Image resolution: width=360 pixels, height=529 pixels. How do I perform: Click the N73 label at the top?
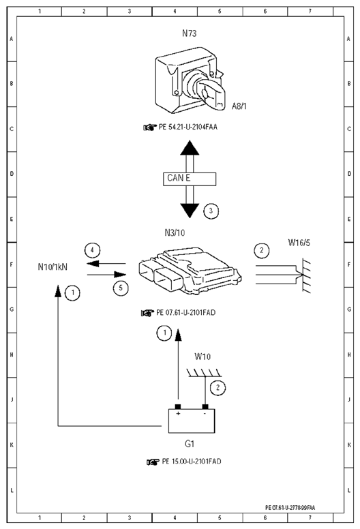(189, 33)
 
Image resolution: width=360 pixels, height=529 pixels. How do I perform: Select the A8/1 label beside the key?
(239, 106)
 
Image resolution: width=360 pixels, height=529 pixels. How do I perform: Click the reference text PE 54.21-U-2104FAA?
(188, 127)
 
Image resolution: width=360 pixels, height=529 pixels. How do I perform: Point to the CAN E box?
(190, 179)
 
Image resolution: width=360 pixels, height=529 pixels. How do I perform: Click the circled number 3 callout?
(211, 211)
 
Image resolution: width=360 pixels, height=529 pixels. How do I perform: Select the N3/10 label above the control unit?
(175, 232)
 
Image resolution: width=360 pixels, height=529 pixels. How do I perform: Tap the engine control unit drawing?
(190, 271)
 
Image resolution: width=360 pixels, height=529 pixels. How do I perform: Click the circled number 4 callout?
(92, 250)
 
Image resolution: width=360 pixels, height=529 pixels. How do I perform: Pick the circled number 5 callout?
(121, 288)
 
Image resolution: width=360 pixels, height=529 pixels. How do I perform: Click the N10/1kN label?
(52, 267)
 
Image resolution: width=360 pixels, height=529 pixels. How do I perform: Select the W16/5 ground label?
(299, 243)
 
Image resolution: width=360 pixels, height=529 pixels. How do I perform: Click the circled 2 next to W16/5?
(262, 250)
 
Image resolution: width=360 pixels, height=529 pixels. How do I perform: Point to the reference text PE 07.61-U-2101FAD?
(186, 313)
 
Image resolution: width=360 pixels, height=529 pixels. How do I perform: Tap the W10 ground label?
(202, 357)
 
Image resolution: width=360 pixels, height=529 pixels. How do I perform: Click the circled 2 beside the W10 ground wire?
(217, 388)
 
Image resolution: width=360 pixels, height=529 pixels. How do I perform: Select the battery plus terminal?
(178, 407)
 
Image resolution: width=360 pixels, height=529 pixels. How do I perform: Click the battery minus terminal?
(205, 407)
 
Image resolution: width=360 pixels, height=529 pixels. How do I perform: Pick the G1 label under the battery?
(190, 444)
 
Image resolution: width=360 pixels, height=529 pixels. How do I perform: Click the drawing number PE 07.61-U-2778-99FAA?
(290, 507)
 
